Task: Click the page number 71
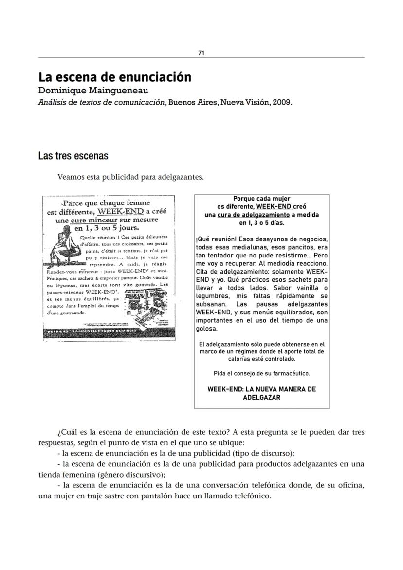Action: (201, 53)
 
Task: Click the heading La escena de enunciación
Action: (115, 77)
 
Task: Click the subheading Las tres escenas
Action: (73, 156)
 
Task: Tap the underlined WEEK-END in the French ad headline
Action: (120, 212)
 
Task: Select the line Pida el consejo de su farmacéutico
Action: (261, 373)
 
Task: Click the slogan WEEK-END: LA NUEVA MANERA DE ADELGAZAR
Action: (261, 393)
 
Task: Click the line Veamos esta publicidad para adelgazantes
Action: (130, 177)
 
